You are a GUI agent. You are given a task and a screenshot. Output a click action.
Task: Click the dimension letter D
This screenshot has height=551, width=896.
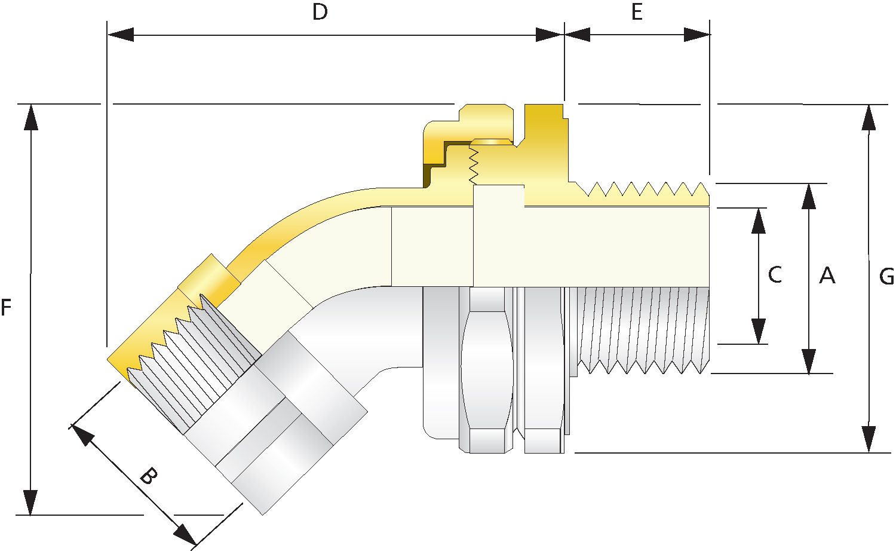320,13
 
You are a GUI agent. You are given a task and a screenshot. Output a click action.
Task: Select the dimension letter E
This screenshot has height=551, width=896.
637,13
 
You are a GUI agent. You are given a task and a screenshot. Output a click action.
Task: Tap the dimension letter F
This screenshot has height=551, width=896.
6,308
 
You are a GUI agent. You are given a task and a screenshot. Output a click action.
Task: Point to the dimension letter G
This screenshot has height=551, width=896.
886,277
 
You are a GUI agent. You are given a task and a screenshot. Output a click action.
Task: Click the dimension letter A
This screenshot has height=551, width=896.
827,275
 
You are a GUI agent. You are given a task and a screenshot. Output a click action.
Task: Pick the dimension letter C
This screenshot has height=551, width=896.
775,275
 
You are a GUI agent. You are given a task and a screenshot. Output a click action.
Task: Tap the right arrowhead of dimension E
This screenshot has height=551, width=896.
697,35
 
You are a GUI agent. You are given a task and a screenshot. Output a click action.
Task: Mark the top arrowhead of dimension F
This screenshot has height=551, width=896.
30,117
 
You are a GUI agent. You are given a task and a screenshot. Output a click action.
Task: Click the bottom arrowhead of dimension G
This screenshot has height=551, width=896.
869,439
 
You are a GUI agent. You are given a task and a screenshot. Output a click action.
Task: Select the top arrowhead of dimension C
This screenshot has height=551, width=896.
759,221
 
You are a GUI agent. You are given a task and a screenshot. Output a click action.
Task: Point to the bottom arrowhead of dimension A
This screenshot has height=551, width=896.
809,362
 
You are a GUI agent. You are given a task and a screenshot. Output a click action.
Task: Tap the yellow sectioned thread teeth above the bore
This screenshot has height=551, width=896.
645,191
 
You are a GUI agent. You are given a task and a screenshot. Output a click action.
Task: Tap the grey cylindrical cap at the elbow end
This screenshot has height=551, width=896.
275,418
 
